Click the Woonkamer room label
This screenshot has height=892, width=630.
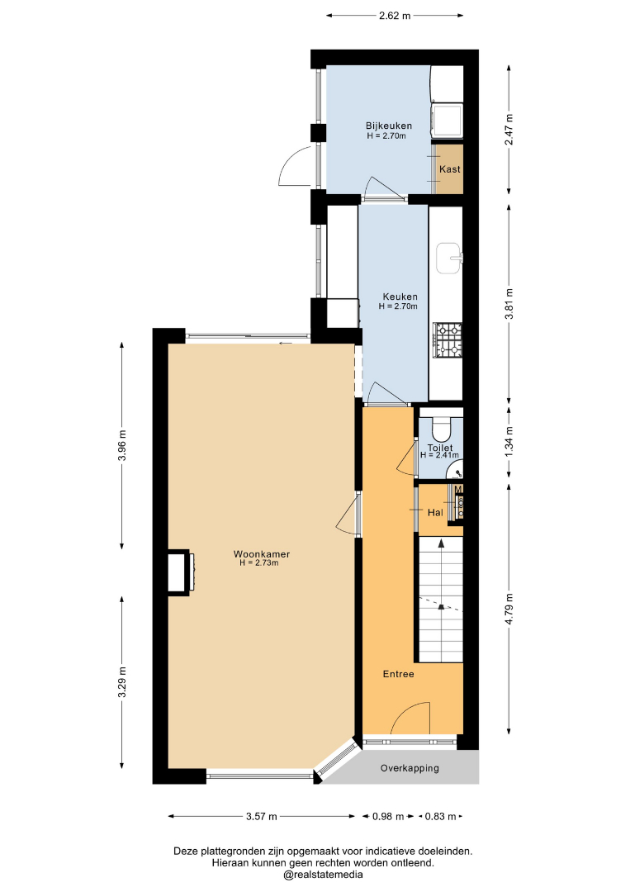click(262, 554)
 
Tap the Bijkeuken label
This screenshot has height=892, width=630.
click(389, 126)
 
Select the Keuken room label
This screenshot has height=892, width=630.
click(400, 297)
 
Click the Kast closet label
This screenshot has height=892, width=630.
click(450, 169)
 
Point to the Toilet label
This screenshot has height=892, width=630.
click(440, 448)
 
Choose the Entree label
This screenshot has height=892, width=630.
click(398, 674)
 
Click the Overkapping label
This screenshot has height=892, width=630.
click(410, 768)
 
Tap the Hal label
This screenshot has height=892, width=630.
click(435, 513)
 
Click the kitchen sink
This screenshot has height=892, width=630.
click(449, 259)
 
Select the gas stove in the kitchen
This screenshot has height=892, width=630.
click(448, 340)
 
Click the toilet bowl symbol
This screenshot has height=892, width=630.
click(441, 428)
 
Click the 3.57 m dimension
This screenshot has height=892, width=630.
click(262, 817)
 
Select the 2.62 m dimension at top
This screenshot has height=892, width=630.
click(395, 16)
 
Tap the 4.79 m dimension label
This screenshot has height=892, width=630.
click(509, 610)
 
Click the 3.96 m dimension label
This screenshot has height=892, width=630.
click(122, 444)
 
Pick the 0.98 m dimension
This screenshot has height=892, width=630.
click(388, 817)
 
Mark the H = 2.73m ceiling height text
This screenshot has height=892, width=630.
click(259, 563)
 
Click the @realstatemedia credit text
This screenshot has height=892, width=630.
click(323, 875)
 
